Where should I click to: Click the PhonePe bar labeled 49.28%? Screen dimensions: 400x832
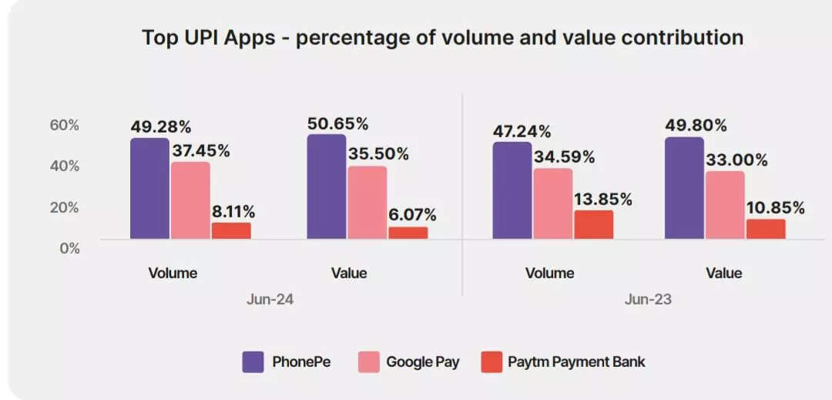tap(149, 189)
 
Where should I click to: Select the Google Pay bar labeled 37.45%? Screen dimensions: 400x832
tap(190, 200)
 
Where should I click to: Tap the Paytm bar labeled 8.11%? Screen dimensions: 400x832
tap(231, 230)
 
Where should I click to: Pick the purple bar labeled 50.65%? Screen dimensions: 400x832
tap(327, 187)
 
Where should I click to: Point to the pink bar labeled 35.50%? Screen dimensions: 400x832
tap(367, 202)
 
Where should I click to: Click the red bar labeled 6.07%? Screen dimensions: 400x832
tap(408, 233)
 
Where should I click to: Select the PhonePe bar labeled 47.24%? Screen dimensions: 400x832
tap(512, 190)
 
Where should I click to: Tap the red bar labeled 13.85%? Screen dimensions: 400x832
tap(594, 224)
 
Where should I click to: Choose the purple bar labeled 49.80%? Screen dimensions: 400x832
tap(684, 188)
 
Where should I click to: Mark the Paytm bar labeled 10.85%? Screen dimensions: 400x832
tap(766, 229)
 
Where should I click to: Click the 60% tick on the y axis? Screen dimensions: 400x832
tap(65, 125)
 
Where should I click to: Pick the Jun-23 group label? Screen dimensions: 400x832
tap(649, 299)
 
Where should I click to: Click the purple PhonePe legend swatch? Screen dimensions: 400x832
tap(253, 361)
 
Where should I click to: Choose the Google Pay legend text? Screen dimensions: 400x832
tap(422, 361)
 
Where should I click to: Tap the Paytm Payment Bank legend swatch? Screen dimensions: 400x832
tap(491, 361)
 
